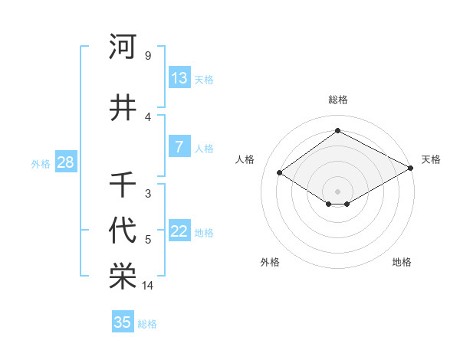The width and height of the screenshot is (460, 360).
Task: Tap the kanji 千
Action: (123, 185)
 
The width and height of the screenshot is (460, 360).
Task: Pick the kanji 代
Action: (123, 230)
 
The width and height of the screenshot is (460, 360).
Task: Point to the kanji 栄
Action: (123, 277)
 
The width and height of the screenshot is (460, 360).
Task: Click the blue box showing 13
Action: (179, 77)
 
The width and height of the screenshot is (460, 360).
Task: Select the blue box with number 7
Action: (179, 146)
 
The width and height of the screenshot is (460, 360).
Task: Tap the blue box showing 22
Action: (179, 231)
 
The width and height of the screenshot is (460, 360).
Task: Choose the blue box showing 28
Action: (65, 162)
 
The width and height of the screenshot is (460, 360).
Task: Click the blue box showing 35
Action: (123, 322)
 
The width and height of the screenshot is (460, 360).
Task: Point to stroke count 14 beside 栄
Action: (148, 286)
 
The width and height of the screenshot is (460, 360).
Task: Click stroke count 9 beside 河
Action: (147, 56)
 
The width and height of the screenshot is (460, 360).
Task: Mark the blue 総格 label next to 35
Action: (147, 324)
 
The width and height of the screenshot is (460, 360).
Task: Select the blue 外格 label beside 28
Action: (41, 164)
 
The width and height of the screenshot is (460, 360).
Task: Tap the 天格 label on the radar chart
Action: (431, 159)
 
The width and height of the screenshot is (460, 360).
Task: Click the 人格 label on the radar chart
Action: (245, 159)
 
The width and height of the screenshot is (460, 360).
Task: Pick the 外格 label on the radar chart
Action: (270, 262)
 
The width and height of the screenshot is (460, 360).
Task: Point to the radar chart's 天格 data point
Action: (411, 168)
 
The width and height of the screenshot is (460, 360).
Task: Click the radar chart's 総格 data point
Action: (337, 130)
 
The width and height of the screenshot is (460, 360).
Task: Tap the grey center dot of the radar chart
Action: (337, 190)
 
